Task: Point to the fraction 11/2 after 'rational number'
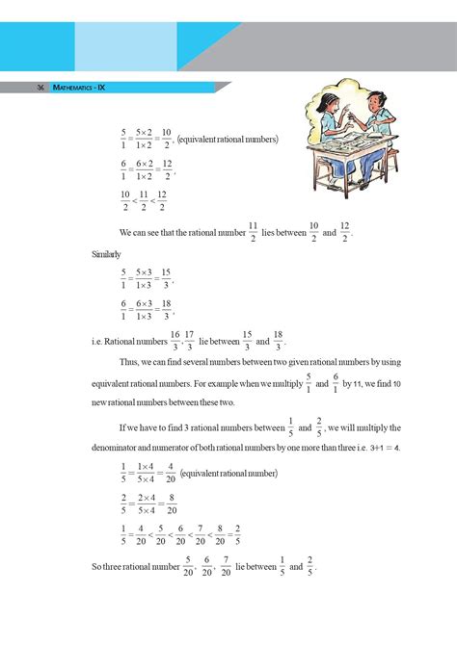pos(253,232)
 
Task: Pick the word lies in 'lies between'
pos(269,233)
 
